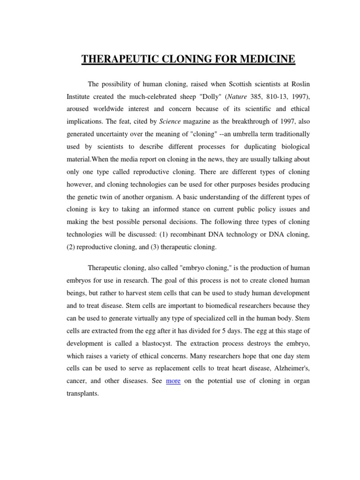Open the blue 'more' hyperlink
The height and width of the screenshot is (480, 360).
point(173,381)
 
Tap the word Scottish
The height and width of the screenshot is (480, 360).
point(229,84)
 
